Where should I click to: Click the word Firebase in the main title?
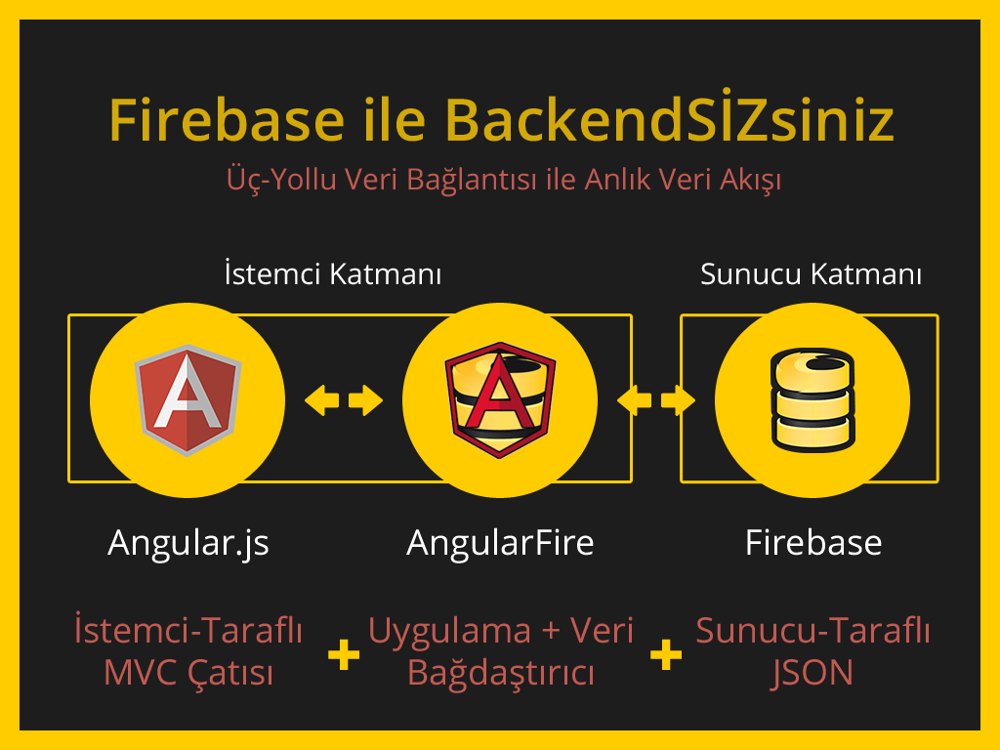point(227,120)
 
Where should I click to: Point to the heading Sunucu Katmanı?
point(811,274)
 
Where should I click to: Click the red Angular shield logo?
point(187,399)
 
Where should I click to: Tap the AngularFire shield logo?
point(500,399)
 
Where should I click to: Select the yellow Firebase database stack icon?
point(812,399)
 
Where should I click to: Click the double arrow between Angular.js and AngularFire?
point(344,399)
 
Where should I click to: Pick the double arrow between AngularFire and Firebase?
point(656,399)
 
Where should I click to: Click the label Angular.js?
point(188,543)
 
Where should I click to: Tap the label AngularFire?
point(500,543)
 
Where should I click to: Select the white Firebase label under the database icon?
point(812,543)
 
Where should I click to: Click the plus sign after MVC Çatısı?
point(344,654)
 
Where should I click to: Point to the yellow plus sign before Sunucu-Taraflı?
point(666,654)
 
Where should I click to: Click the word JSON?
point(812,673)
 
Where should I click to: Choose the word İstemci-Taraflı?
point(188,631)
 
